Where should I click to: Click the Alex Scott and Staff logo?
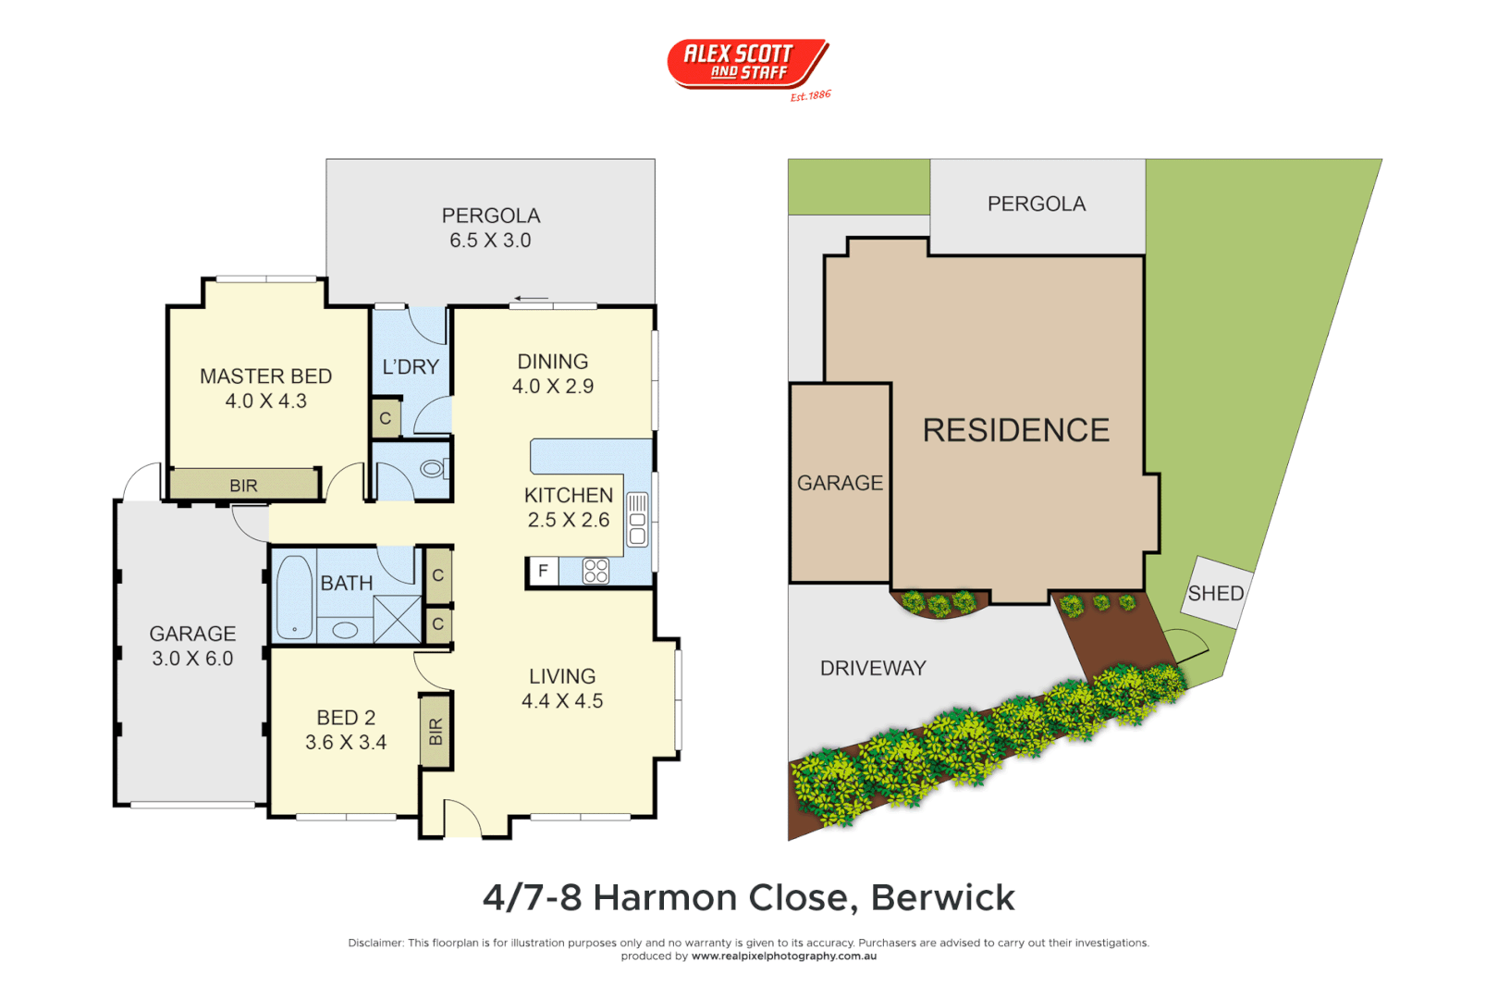747,64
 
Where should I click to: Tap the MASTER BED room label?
265,376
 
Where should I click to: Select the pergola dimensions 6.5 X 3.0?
490,240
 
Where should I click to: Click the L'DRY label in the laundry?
411,367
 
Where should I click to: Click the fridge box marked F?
543,572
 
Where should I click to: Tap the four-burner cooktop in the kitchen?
596,571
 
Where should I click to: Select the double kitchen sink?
637,520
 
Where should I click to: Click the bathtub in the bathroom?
294,597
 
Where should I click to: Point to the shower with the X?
398,619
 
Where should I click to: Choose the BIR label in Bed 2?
436,732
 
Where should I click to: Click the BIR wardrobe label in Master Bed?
243,486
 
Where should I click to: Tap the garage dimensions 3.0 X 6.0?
192,659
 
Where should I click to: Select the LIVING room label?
562,677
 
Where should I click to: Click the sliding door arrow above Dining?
532,298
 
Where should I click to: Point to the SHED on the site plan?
1215,593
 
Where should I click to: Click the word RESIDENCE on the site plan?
1015,430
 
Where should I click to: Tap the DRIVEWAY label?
873,668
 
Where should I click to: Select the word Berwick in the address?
942,897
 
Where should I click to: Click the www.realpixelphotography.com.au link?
783,956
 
